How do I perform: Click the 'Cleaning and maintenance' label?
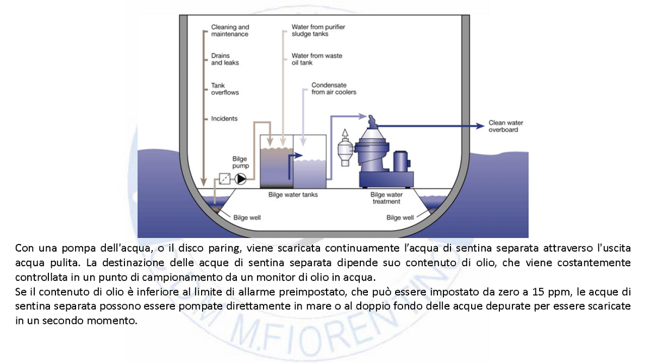(x=230, y=30)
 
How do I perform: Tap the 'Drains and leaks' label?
(x=224, y=59)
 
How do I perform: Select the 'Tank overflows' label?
(x=224, y=89)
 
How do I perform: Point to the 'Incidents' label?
(x=224, y=118)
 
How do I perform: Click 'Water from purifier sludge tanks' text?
(x=318, y=30)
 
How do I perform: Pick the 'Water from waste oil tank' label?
(x=317, y=59)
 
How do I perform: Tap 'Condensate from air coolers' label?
(x=334, y=89)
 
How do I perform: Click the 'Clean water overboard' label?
(x=505, y=127)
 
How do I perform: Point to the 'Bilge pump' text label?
(x=240, y=162)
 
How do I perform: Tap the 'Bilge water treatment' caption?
(x=386, y=198)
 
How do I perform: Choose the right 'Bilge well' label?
(x=400, y=217)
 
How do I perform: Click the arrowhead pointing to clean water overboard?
(x=480, y=126)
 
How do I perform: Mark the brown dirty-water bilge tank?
(x=277, y=166)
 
